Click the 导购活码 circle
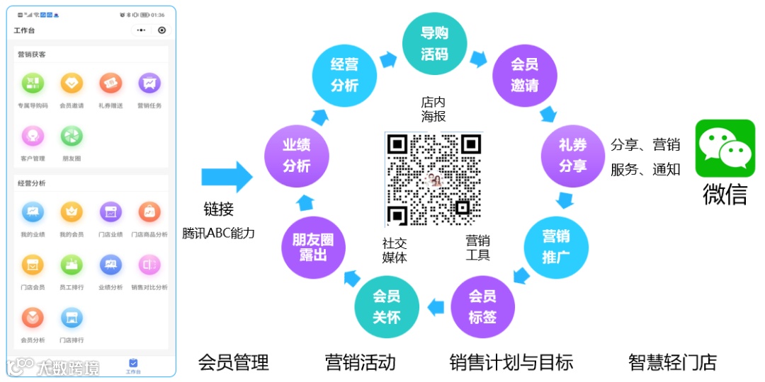click(x=434, y=44)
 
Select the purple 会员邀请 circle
click(x=525, y=74)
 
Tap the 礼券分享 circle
click(x=572, y=155)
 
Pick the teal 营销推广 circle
click(x=556, y=245)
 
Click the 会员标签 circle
click(x=482, y=306)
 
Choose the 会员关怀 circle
click(x=387, y=306)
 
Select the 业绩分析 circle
click(x=296, y=155)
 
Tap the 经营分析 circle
click(x=344, y=75)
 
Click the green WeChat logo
click(x=725, y=148)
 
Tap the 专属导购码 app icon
click(x=33, y=83)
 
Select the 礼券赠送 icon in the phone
click(x=110, y=83)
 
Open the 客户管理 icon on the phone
click(x=33, y=136)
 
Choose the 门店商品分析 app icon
click(x=149, y=212)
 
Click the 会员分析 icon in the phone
click(x=33, y=318)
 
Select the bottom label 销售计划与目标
click(x=511, y=363)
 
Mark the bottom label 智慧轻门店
click(x=672, y=363)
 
